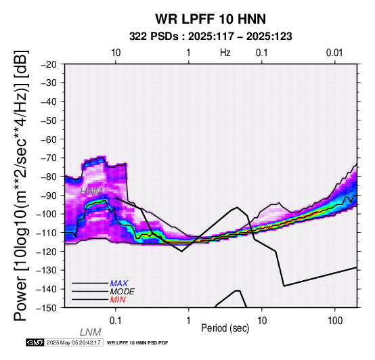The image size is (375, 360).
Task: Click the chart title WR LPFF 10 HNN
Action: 211,19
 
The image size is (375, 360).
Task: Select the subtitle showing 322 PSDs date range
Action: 211,37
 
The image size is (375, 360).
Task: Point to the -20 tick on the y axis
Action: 49,64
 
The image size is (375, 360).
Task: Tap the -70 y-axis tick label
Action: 49,158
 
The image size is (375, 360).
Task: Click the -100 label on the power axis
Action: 47,214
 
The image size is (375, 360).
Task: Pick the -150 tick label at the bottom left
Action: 47,308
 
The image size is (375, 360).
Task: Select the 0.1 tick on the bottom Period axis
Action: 116,321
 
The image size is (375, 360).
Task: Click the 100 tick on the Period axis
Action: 335,321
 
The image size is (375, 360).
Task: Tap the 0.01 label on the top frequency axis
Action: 334,53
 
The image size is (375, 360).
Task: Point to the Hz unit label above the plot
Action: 225,53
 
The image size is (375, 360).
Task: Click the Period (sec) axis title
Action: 225,328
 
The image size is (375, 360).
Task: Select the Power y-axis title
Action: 21,185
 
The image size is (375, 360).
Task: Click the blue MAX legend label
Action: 119,284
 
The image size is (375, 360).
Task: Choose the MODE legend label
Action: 123,292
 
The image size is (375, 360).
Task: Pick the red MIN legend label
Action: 118,300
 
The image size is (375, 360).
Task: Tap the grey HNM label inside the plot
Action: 91,192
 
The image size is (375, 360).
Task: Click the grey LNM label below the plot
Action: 91,332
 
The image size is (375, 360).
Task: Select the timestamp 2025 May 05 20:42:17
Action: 74,342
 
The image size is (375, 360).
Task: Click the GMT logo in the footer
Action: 35,342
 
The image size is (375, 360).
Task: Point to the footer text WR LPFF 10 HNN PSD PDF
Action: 137,343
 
